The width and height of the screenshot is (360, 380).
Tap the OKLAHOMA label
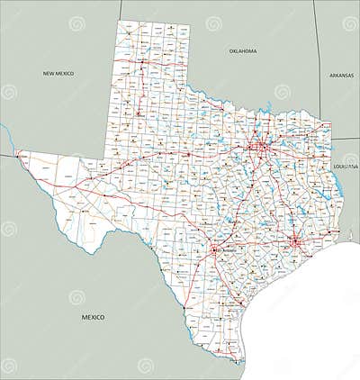(x=243, y=51)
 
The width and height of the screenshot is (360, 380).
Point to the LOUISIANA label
(x=346, y=167)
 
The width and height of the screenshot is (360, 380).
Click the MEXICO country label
(x=93, y=317)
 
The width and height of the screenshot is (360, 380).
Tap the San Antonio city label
(x=221, y=253)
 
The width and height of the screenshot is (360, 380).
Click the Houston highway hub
(x=293, y=242)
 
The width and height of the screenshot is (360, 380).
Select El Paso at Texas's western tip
(x=19, y=155)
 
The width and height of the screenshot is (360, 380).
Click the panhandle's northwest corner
(x=118, y=17)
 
